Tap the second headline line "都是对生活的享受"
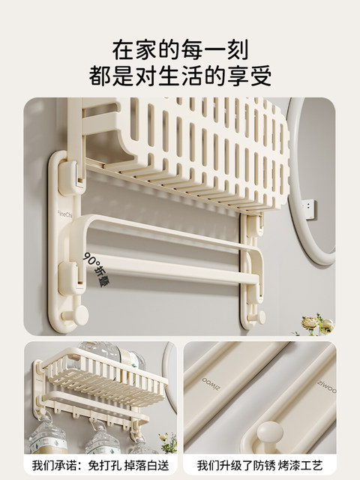coord(180,76)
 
